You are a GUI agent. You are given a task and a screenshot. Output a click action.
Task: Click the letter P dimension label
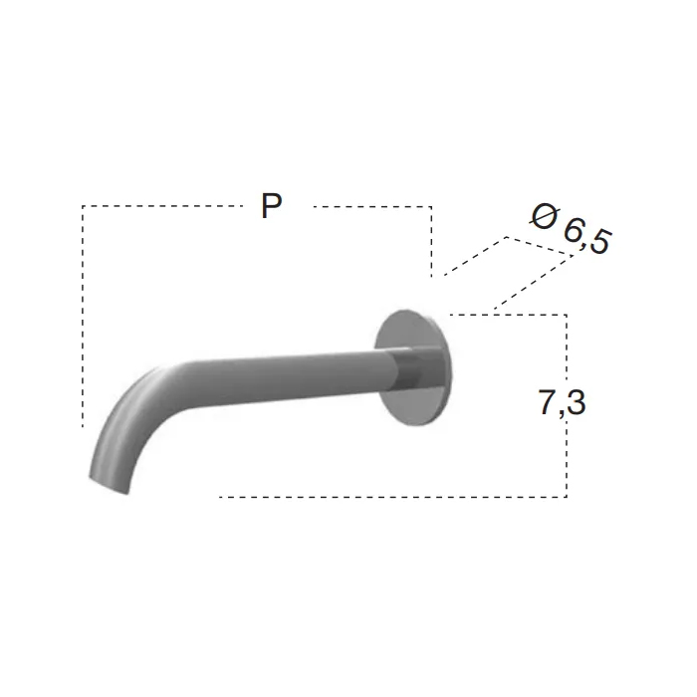(x=271, y=205)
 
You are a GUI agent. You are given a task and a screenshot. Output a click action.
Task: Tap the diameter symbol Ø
(x=544, y=216)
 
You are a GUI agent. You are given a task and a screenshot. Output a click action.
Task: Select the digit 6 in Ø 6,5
(x=575, y=231)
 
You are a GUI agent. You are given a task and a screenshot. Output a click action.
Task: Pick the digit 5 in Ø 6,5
(x=601, y=242)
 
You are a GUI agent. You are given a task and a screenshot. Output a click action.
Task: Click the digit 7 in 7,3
(x=548, y=402)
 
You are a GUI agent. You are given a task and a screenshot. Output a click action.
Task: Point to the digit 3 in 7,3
(x=577, y=402)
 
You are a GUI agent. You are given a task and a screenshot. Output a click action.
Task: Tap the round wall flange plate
(x=413, y=367)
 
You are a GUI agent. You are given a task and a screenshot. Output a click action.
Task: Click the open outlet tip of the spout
(x=109, y=486)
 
